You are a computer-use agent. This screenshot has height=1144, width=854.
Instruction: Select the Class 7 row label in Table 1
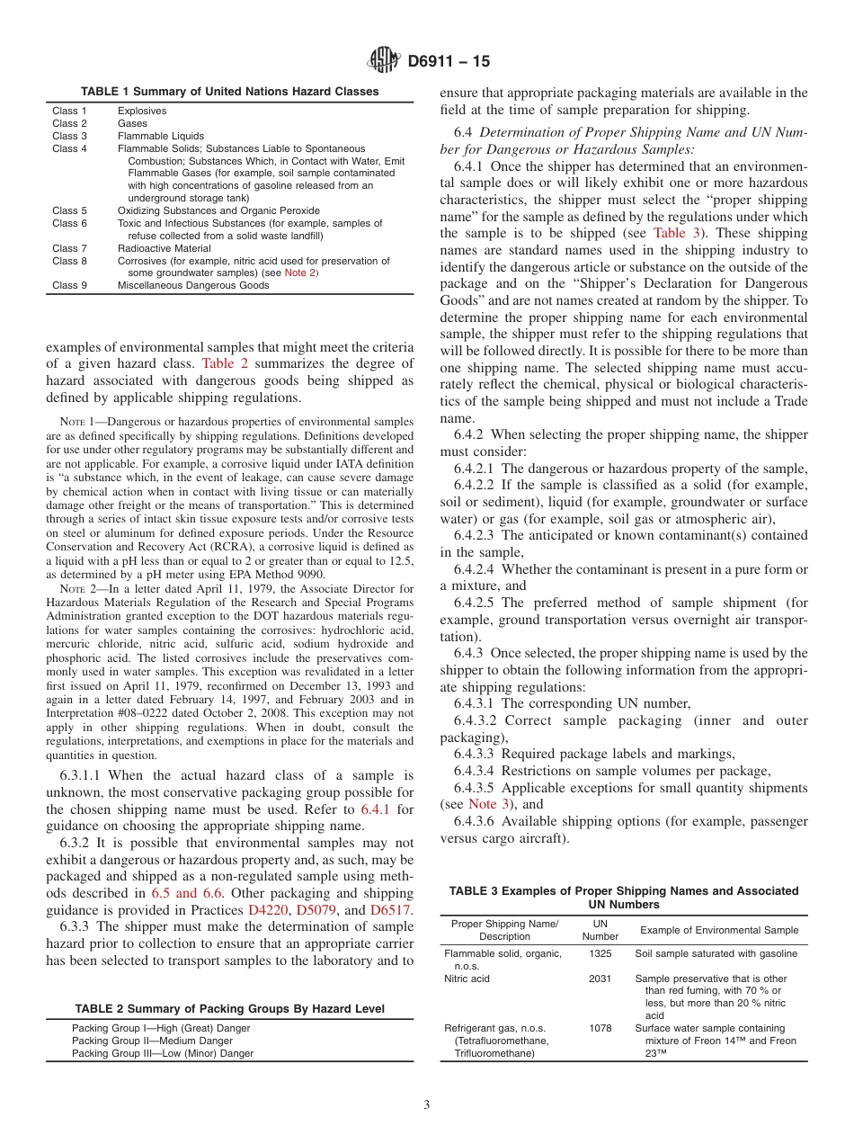pyautogui.click(x=69, y=248)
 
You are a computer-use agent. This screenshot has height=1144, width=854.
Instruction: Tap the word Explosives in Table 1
pyautogui.click(x=142, y=111)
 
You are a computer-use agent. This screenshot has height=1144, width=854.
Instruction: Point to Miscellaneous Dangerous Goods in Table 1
pyautogui.click(x=193, y=285)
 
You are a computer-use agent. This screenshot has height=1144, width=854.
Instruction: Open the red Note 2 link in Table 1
pyautogui.click(x=299, y=273)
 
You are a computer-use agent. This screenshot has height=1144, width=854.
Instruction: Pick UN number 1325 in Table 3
pyautogui.click(x=600, y=953)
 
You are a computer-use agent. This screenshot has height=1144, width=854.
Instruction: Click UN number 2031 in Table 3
pyautogui.click(x=600, y=979)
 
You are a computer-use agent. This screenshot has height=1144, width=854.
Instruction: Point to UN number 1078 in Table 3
pyautogui.click(x=600, y=1028)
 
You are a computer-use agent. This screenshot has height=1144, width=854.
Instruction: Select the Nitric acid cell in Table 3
pyautogui.click(x=467, y=979)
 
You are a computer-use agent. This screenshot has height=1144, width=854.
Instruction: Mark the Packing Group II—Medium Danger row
pyautogui.click(x=152, y=1041)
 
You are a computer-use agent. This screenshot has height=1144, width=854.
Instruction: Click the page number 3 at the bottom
pyautogui.click(x=427, y=1105)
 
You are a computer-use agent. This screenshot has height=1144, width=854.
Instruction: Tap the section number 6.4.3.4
pyautogui.click(x=477, y=771)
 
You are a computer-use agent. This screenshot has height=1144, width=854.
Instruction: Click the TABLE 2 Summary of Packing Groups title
pyautogui.click(x=229, y=1009)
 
